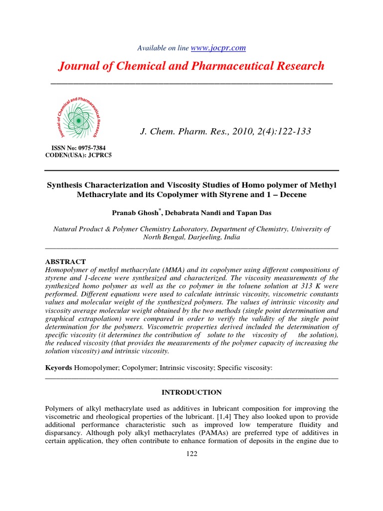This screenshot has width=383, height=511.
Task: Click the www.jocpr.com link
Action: coord(218,48)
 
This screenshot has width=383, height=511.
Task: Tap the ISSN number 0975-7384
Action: coord(89,148)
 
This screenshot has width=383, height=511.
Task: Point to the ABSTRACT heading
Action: coord(65,261)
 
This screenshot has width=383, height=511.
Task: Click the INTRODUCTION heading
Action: coord(191,393)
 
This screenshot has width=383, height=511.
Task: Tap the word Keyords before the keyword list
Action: coord(59,367)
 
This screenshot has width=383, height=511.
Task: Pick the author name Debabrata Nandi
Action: coord(193,213)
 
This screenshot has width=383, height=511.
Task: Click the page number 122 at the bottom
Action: coord(191,454)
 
